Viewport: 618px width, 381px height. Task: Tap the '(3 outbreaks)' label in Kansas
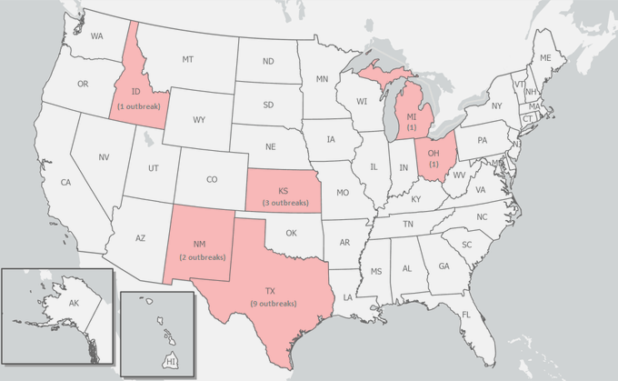click(x=284, y=201)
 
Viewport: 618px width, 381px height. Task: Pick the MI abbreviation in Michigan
click(x=411, y=117)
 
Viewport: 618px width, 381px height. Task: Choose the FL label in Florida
click(x=465, y=315)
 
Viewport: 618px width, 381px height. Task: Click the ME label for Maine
click(x=545, y=57)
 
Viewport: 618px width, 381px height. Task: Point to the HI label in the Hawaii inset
click(x=170, y=362)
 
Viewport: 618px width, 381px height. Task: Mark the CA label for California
click(x=65, y=183)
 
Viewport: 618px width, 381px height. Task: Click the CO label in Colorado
click(x=212, y=179)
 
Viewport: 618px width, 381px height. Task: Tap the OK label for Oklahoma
click(x=291, y=233)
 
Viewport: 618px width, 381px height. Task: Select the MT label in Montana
click(x=187, y=59)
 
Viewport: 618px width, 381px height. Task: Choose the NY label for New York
click(x=496, y=106)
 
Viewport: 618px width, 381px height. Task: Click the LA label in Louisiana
click(x=348, y=297)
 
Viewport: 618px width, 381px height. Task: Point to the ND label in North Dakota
click(x=268, y=62)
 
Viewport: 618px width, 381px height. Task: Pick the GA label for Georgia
click(x=444, y=266)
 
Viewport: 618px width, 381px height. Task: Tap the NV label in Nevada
click(x=105, y=157)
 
